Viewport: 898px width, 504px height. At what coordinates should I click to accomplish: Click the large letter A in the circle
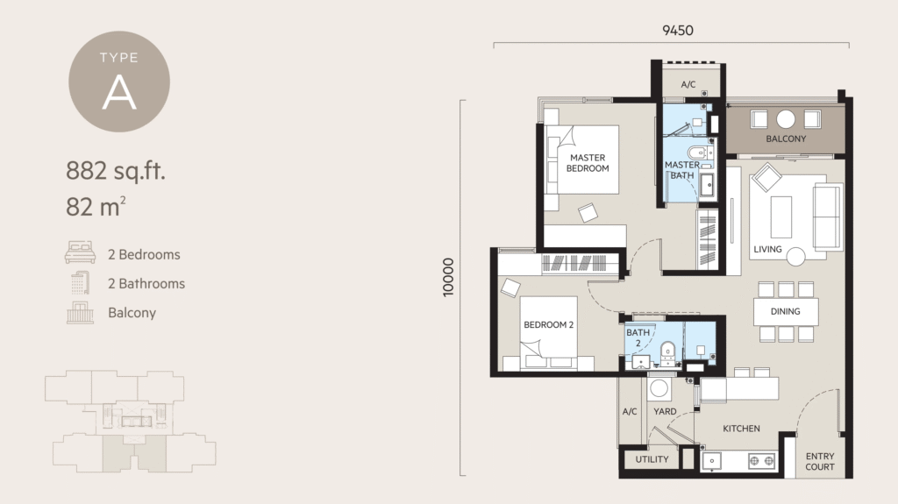[119, 93]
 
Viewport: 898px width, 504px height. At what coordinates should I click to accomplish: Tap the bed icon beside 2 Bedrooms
[80, 254]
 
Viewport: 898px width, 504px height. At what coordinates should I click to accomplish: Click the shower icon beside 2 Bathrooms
[80, 283]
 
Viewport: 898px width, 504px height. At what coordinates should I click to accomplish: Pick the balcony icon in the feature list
[80, 312]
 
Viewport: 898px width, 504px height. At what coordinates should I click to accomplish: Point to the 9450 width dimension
[677, 30]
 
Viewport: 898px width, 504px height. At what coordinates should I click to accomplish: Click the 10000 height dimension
[450, 278]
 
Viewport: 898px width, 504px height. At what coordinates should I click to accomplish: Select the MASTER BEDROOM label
[587, 163]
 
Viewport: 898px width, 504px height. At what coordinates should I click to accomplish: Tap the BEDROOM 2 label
[548, 325]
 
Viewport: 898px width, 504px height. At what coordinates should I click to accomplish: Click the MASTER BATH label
[681, 170]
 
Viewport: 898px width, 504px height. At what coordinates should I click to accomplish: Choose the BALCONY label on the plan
[786, 139]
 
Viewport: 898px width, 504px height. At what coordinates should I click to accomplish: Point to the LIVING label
[766, 250]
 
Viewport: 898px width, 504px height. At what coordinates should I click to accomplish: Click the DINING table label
[785, 311]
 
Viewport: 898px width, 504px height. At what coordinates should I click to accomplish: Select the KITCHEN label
[741, 429]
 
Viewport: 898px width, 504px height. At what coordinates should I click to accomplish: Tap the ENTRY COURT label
[820, 462]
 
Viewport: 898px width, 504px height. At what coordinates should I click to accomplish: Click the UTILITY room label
[651, 459]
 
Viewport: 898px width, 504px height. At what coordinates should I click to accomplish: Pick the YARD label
[665, 411]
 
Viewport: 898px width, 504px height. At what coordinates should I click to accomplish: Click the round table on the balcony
[786, 119]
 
